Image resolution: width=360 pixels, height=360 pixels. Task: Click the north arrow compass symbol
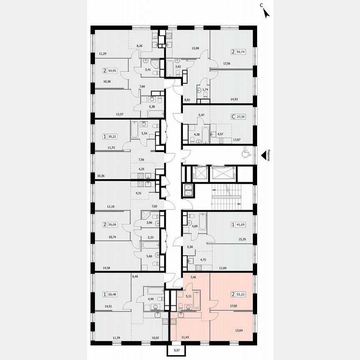point(266,13)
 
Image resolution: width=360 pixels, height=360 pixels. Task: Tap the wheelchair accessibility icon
point(245,154)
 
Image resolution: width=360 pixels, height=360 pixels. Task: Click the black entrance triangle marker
point(263,155)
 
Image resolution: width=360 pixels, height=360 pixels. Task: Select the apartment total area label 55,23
point(240,294)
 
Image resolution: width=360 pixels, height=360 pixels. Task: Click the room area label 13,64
point(240,331)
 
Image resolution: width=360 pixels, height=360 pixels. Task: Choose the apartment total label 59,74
point(240,52)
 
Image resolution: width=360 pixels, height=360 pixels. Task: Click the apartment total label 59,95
point(112,71)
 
